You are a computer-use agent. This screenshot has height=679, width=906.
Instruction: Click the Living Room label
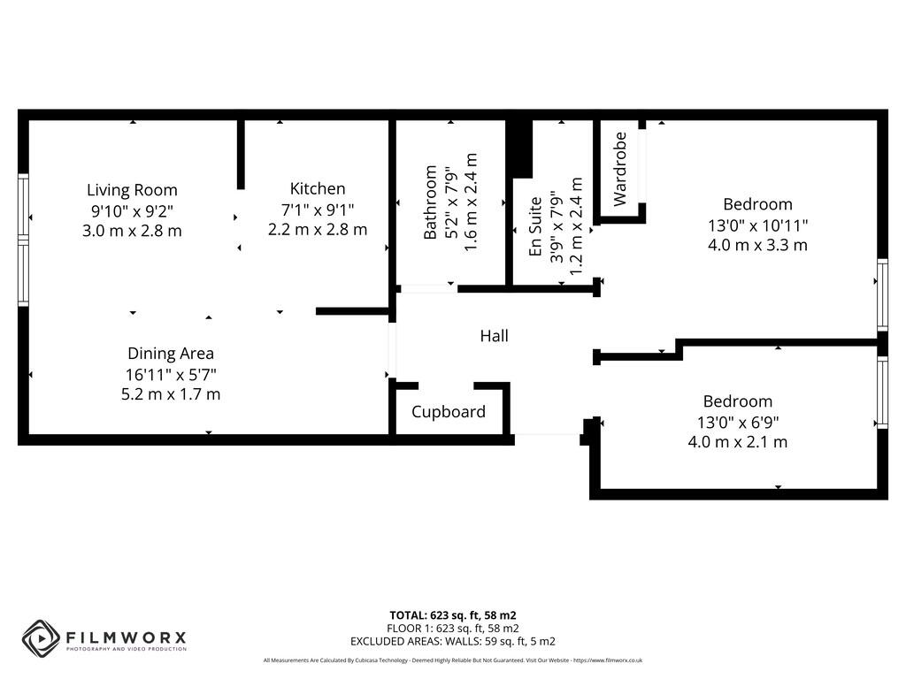(x=132, y=190)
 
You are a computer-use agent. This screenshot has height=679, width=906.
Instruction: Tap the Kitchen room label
(x=318, y=188)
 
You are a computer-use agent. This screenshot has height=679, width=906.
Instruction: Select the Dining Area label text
(x=171, y=354)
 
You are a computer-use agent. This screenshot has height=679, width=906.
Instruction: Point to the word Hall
(x=494, y=336)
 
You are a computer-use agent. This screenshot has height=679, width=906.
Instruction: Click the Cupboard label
(x=449, y=412)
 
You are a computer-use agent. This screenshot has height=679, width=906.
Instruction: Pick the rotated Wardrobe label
(x=620, y=169)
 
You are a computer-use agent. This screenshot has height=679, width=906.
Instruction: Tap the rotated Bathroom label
(x=431, y=202)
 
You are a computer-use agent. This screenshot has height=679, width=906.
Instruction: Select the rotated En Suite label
(x=535, y=228)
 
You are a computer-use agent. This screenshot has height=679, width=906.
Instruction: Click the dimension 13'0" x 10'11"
(x=757, y=225)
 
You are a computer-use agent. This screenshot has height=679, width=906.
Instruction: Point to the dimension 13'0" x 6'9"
(x=738, y=422)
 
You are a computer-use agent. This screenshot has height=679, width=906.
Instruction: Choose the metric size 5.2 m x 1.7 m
(x=171, y=394)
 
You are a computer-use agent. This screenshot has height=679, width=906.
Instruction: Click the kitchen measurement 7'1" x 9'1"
(x=318, y=210)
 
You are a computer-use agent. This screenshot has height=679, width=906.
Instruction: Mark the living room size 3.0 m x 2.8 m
(x=132, y=231)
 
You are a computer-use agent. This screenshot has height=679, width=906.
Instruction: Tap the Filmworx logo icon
(x=40, y=637)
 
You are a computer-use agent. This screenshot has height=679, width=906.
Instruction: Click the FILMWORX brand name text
(x=124, y=637)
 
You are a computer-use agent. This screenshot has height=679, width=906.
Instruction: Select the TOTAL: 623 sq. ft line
(x=453, y=614)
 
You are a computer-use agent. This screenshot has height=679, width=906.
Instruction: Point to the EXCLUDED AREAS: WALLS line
(x=453, y=641)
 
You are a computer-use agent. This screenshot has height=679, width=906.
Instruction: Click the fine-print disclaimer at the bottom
(x=453, y=660)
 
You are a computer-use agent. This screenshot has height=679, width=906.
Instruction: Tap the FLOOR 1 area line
(x=453, y=628)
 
